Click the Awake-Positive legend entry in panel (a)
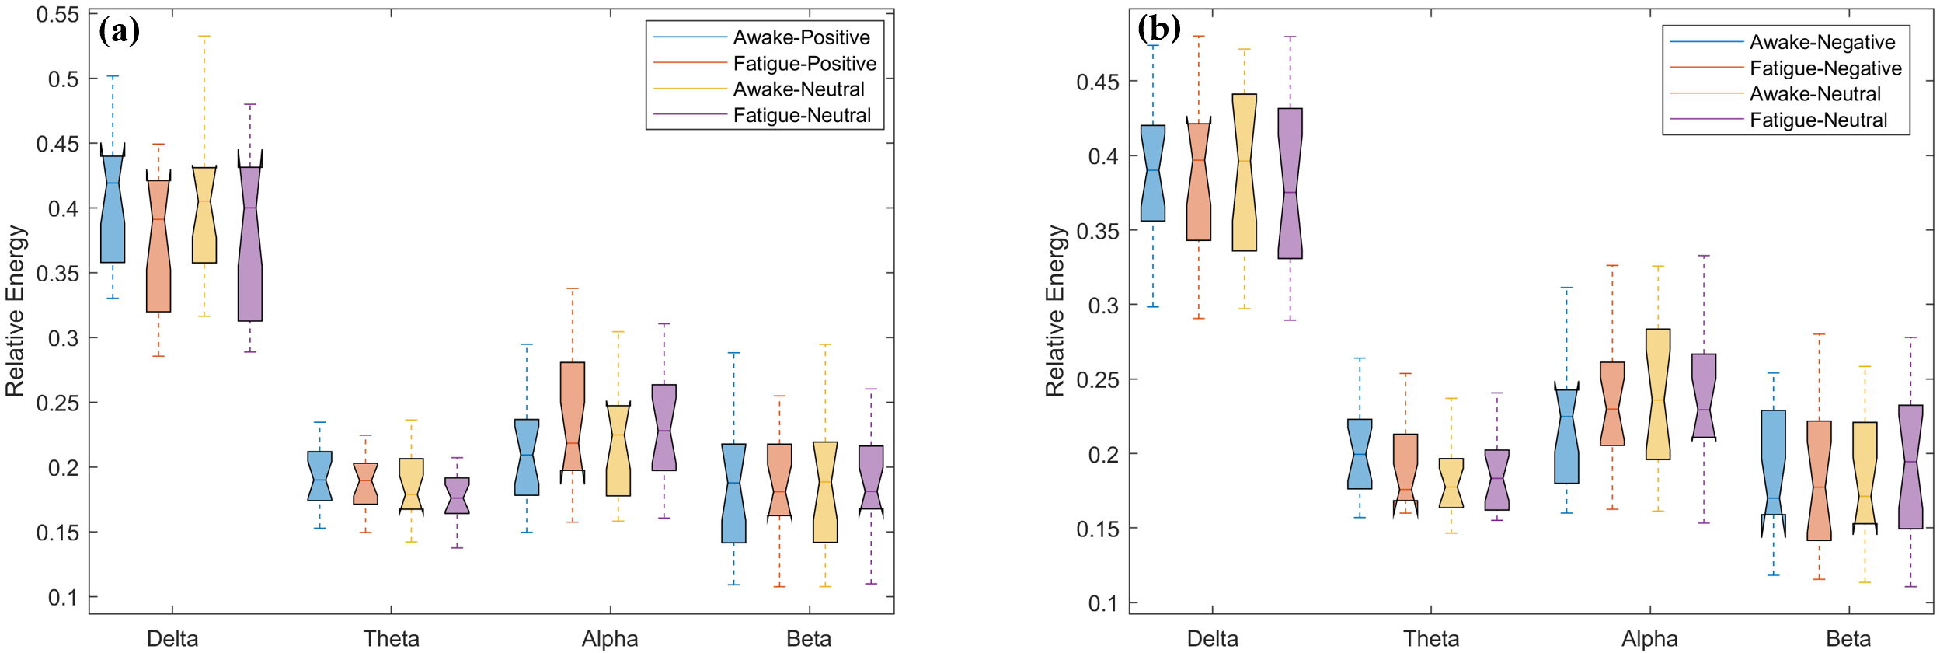click(801, 37)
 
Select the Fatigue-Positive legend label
click(804, 64)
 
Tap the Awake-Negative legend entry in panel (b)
click(1822, 42)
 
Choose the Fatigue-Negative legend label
click(1825, 68)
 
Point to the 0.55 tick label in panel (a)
click(57, 15)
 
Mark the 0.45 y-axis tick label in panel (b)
click(1097, 82)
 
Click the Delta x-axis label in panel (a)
click(172, 639)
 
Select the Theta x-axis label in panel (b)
click(1431, 639)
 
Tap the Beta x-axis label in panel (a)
click(809, 639)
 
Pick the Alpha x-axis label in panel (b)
click(1649, 639)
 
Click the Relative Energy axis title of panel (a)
click(16, 311)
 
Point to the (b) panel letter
click(1158, 30)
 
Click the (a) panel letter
click(119, 31)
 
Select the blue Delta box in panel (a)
click(113, 210)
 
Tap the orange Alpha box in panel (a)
click(573, 416)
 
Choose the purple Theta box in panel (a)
click(457, 496)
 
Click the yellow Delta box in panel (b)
click(1244, 173)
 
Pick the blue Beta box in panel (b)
click(1773, 463)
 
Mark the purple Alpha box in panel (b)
click(1704, 396)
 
